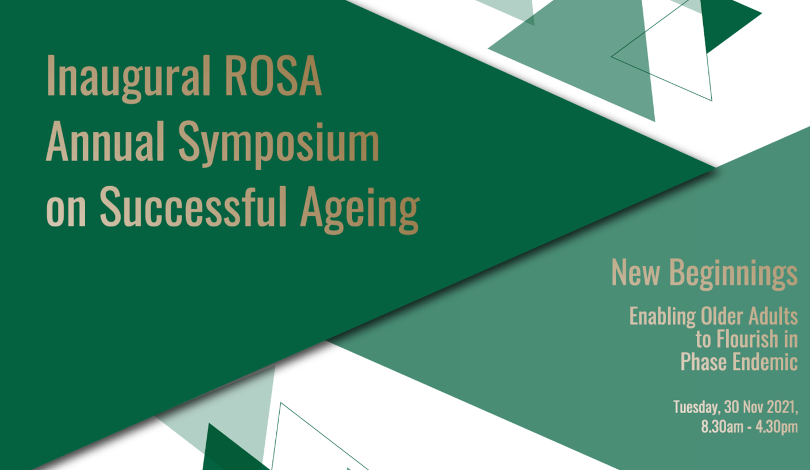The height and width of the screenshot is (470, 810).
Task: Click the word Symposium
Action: tap(279, 144)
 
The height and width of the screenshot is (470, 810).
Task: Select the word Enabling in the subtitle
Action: tap(662, 317)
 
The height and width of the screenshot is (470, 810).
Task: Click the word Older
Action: tap(723, 316)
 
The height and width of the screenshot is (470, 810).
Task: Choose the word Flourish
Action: tap(747, 339)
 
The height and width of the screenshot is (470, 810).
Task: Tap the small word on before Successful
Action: tap(65, 209)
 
